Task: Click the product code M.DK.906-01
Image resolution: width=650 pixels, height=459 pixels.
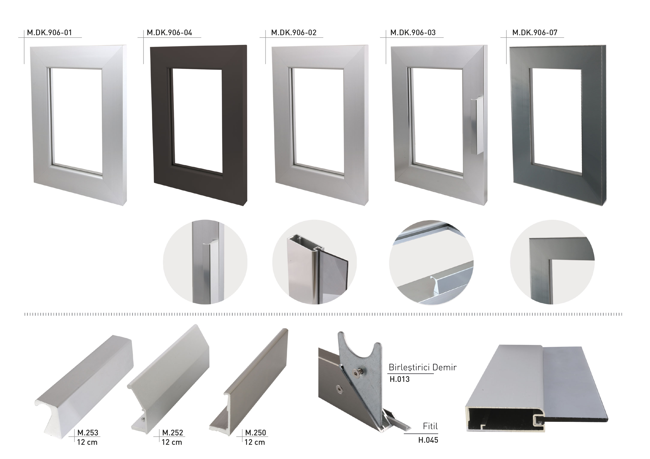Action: pos(49,33)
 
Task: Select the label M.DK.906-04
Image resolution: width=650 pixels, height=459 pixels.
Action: pos(169,33)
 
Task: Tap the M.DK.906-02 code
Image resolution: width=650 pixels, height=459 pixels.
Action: pos(293,33)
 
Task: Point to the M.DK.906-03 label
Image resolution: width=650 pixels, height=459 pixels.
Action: pos(413,33)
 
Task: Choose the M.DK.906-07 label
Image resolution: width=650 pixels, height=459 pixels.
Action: pos(535,33)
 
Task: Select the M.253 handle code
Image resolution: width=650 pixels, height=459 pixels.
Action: pos(88,433)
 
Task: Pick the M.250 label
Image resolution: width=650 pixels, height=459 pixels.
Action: pos(255,433)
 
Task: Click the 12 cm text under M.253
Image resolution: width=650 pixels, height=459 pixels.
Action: pos(87,442)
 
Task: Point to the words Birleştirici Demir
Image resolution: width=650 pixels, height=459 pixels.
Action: pos(422,367)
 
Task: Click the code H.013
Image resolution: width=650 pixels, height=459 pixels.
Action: pos(399,379)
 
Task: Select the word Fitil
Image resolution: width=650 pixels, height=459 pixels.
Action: pos(430,426)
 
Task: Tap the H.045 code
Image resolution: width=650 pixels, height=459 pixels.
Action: pos(428,440)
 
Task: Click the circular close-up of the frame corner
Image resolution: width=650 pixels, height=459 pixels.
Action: pos(552,262)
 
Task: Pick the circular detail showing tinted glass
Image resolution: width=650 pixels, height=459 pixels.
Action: pos(314,262)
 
